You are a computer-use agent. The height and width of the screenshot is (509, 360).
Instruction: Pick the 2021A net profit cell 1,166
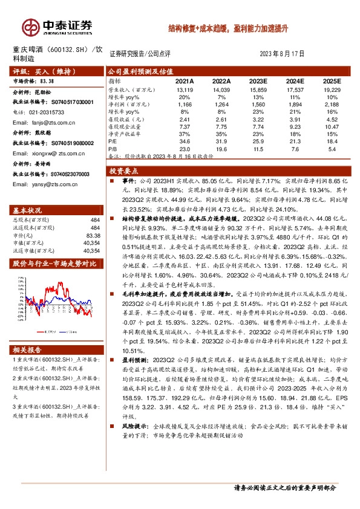[185, 104]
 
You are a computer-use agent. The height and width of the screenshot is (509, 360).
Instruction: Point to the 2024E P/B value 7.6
[295, 148]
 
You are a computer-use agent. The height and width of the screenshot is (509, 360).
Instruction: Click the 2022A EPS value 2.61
[221, 119]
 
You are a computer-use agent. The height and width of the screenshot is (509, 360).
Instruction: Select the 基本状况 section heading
[29, 210]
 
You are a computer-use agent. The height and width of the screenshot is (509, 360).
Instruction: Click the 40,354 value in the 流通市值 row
[92, 250]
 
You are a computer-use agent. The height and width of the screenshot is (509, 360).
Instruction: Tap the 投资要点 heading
[125, 171]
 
